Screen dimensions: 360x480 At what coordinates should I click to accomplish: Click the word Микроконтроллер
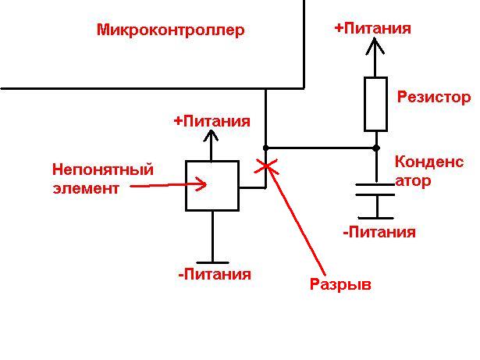pyautogui.click(x=170, y=30)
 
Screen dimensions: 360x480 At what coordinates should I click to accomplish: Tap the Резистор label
pyautogui.click(x=433, y=98)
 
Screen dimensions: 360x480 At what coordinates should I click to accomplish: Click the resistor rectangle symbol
pyautogui.click(x=375, y=104)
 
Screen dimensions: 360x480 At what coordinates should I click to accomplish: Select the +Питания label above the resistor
pyautogui.click(x=372, y=28)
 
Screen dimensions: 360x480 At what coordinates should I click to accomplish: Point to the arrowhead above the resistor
pyautogui.click(x=375, y=45)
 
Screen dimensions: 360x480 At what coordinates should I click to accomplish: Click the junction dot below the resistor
pyautogui.click(x=375, y=147)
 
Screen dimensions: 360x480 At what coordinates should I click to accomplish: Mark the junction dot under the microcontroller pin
pyautogui.click(x=266, y=147)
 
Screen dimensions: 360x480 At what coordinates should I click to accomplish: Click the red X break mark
pyautogui.click(x=266, y=165)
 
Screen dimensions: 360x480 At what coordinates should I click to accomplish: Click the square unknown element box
pyautogui.click(x=212, y=185)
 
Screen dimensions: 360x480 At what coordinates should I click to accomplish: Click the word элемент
pyautogui.click(x=86, y=187)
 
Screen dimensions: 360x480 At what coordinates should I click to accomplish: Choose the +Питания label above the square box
pyautogui.click(x=212, y=121)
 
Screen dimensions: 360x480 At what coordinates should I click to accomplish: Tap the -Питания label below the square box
pyautogui.click(x=215, y=274)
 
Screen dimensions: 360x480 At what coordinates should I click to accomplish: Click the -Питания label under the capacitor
pyautogui.click(x=379, y=232)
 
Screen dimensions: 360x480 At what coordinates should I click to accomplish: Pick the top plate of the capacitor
pyautogui.click(x=375, y=185)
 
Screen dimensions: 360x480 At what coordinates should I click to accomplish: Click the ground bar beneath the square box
pyautogui.click(x=212, y=262)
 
